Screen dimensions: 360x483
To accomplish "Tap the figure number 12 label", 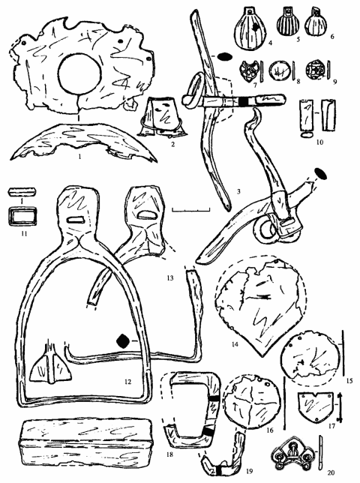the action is pyautogui.click(x=127, y=382).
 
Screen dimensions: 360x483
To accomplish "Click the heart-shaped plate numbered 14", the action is pyautogui.click(x=262, y=305).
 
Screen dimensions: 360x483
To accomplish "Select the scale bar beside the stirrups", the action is pyautogui.click(x=191, y=210).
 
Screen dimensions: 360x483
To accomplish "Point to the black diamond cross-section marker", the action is pyautogui.click(x=122, y=341).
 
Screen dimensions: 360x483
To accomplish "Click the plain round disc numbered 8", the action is pyautogui.click(x=280, y=70).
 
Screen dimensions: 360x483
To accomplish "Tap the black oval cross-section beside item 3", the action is pyautogui.click(x=225, y=57).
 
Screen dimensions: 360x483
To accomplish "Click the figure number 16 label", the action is pyautogui.click(x=269, y=430).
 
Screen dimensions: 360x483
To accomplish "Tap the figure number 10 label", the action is pyautogui.click(x=319, y=142).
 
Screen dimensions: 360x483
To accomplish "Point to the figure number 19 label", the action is pyautogui.click(x=249, y=471).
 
